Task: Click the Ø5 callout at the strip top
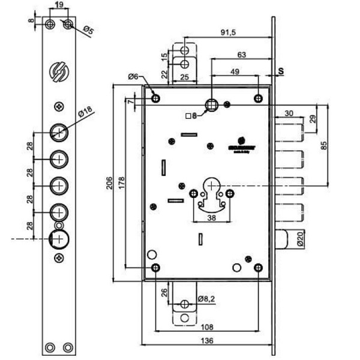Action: [x=88, y=29]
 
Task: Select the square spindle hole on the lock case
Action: [x=211, y=105]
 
